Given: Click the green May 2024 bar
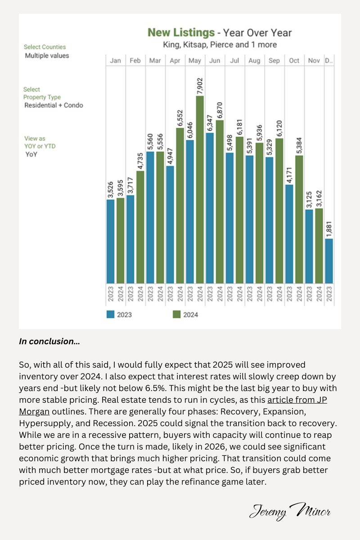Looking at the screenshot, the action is pyautogui.click(x=200, y=189).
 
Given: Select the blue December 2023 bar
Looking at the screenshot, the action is pyautogui.click(x=329, y=261).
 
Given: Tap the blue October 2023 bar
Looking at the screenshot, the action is pyautogui.click(x=289, y=234).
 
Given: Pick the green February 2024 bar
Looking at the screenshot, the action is pyautogui.click(x=140, y=227).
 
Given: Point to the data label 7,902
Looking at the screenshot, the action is pyautogui.click(x=200, y=86).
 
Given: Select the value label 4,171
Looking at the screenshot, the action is pyautogui.click(x=289, y=175).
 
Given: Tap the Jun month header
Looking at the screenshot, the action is pyautogui.click(x=215, y=60).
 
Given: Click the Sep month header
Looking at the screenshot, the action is pyautogui.click(x=274, y=60).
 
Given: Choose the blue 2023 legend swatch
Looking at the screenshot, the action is pyautogui.click(x=110, y=315).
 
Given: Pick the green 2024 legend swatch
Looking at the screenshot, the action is pyautogui.click(x=176, y=315).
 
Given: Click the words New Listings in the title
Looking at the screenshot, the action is pyautogui.click(x=181, y=32).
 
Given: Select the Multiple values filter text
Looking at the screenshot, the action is pyautogui.click(x=47, y=56).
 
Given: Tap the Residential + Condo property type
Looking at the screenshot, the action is pyautogui.click(x=54, y=105).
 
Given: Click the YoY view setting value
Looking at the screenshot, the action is pyautogui.click(x=31, y=154).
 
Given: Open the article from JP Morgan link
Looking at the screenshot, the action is pyautogui.click(x=173, y=406).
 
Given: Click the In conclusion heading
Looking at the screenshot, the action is pyautogui.click(x=49, y=342).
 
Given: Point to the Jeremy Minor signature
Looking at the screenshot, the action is pyautogui.click(x=290, y=511).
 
